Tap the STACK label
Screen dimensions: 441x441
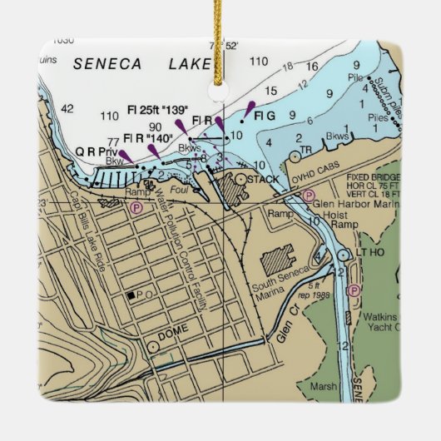click(x=264, y=179)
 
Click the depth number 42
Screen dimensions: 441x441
click(x=67, y=108)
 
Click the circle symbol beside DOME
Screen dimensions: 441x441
click(x=153, y=347)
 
